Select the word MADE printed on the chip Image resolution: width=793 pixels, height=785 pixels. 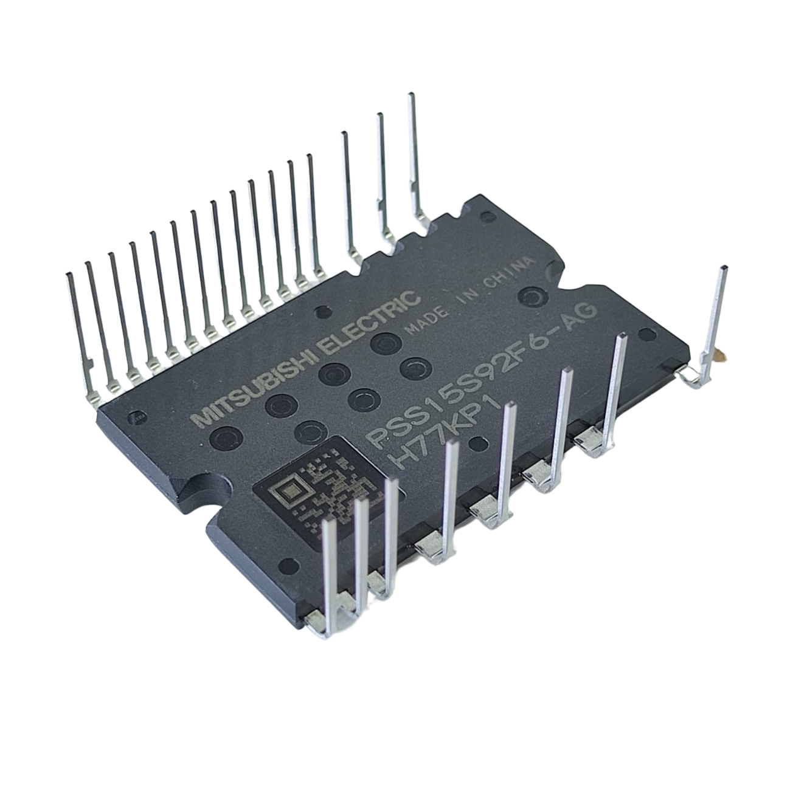coord(426,319)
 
